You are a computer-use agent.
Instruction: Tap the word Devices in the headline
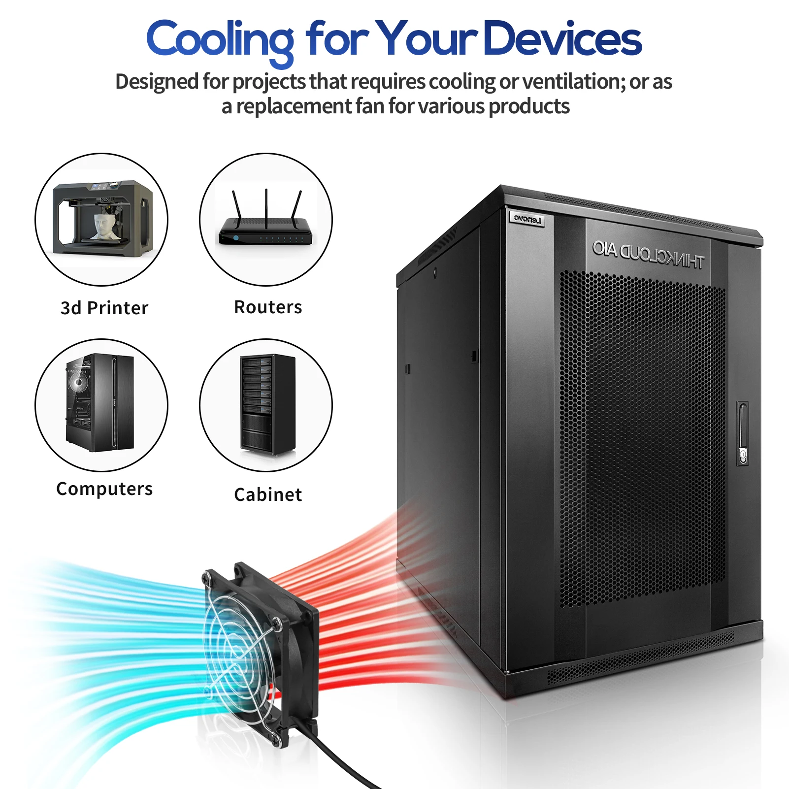[562, 39]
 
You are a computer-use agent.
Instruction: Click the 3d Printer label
[104, 308]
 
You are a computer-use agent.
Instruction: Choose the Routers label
[268, 307]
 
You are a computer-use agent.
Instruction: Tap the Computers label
[104, 489]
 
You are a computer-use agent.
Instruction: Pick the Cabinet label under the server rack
[268, 494]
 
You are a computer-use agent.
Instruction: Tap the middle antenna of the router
[266, 207]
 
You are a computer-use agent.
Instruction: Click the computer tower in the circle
[100, 403]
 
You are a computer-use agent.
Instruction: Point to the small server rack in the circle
[267, 404]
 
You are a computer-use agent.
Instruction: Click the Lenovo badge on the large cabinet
[527, 219]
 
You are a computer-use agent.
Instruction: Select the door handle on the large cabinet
[743, 433]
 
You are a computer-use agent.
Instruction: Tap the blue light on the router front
[236, 238]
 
